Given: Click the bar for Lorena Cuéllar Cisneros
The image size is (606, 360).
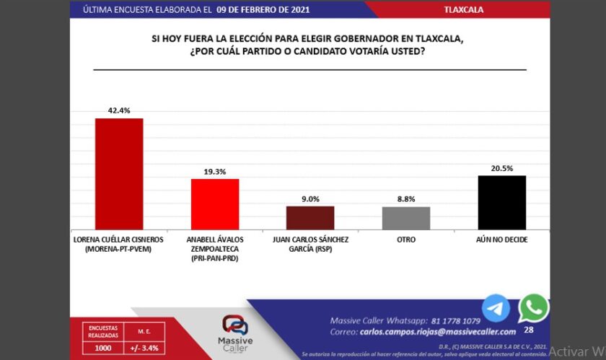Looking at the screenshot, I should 119,173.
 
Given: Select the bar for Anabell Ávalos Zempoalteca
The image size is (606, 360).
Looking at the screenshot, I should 214,203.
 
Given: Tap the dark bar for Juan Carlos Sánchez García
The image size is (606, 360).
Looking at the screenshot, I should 310,217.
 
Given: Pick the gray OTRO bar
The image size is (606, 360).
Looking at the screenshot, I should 406,217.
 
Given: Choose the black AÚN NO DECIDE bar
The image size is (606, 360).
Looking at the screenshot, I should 501,202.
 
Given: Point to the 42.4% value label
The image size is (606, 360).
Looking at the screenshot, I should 119,111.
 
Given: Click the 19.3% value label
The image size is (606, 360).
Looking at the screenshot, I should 214,172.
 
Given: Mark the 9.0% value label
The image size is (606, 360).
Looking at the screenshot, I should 310,199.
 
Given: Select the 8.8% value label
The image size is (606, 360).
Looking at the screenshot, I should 406,200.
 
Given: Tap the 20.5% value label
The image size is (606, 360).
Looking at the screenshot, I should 501,168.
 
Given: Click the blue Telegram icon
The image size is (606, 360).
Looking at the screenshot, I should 496,309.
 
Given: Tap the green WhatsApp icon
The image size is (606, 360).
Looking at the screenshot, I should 533,308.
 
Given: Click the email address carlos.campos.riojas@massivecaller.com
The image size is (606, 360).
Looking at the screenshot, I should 436,332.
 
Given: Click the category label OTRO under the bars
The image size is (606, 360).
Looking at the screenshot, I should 406,240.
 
